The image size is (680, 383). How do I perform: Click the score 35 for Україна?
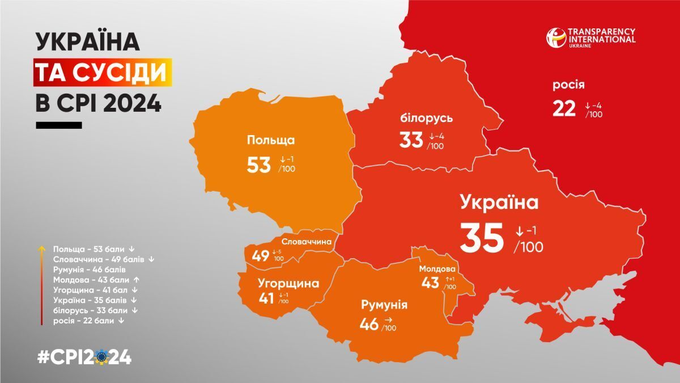point(481,238)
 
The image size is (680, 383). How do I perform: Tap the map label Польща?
point(271,140)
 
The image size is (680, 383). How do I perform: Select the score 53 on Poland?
point(259,165)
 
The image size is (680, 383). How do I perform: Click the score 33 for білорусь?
point(411,140)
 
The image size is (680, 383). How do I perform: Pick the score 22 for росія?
point(564,108)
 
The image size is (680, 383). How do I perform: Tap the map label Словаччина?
point(306,242)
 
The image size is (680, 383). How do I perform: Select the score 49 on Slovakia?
point(261,256)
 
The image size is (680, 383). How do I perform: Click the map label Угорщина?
point(288,283)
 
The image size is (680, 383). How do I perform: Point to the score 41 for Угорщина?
point(266,298)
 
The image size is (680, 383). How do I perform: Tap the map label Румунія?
point(384,305)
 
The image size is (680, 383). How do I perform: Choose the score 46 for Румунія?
point(369,325)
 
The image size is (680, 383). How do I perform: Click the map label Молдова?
point(437,268)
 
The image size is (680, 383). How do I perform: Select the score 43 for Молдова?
point(430,282)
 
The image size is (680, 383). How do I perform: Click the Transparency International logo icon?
point(556,37)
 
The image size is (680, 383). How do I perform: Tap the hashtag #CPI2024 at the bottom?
point(84,357)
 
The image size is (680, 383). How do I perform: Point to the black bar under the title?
point(59,125)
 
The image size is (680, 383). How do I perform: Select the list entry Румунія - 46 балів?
point(89,269)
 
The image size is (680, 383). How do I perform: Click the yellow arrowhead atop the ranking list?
point(42,249)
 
